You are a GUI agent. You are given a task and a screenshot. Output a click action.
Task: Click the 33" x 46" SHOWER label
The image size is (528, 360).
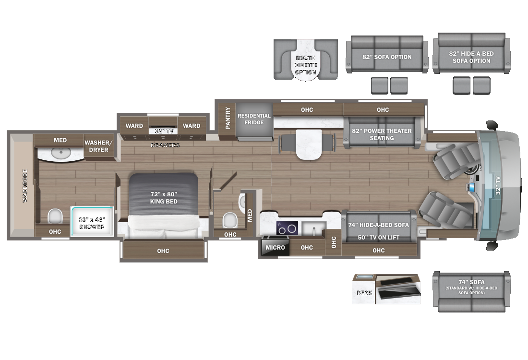coord(91,223)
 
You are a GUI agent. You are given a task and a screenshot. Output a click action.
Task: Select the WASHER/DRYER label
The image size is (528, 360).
coord(98,146)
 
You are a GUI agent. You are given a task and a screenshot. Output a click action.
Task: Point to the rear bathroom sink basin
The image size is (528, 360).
coord(61,154)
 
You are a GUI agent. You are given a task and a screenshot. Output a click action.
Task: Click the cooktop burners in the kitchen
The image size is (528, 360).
coord(288,228)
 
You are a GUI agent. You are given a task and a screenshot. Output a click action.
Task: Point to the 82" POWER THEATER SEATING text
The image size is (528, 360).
coord(382,134)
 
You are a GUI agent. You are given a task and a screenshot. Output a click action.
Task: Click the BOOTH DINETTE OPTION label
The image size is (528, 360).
coord(306,65)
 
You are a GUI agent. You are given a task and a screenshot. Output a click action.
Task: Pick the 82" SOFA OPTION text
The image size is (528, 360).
coord(387,57)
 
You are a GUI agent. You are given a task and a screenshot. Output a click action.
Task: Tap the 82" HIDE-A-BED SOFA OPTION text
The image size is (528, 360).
coord(471,57)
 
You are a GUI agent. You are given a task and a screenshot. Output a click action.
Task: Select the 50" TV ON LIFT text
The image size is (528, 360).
coord(379,238)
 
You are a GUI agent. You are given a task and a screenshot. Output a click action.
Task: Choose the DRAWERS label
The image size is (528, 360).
coord(165,145)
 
